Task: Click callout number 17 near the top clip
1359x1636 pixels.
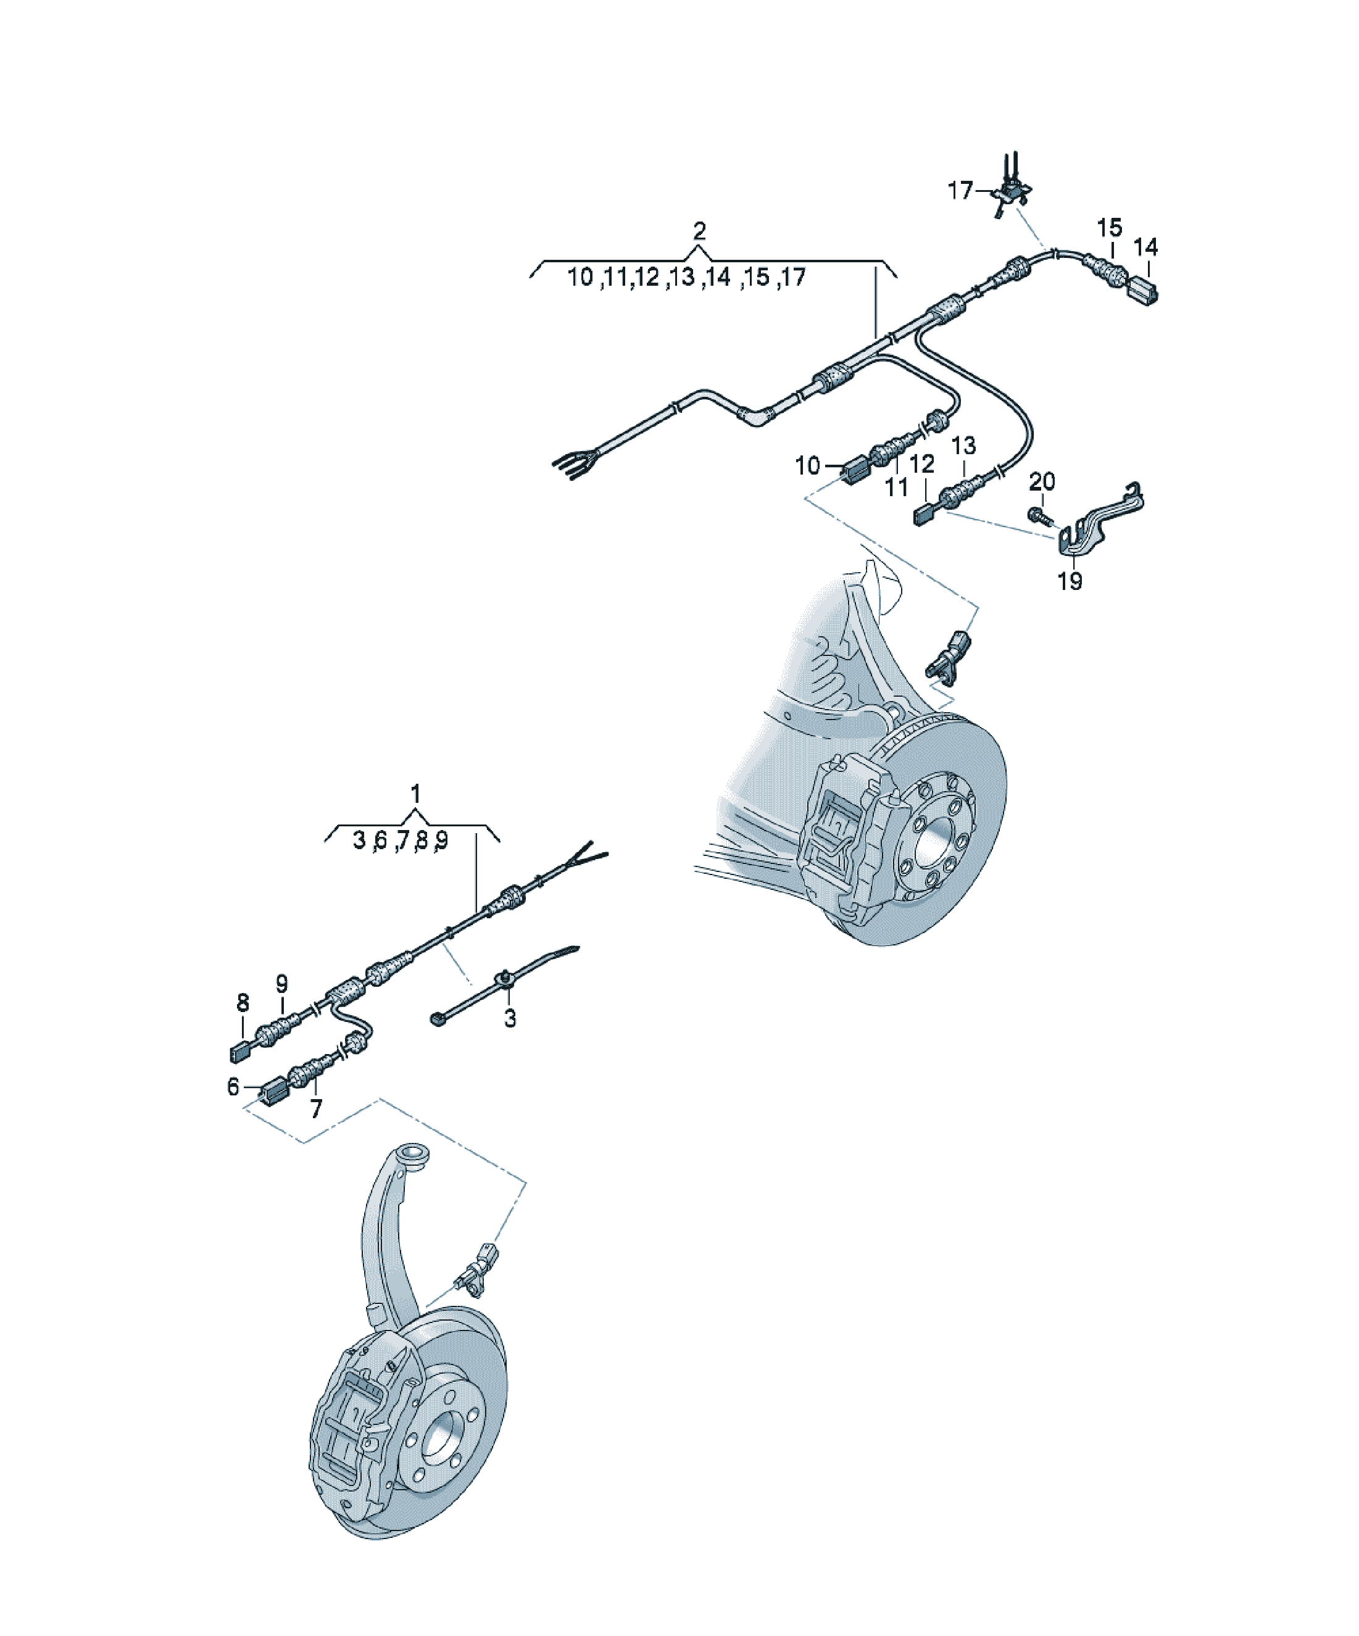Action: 960,190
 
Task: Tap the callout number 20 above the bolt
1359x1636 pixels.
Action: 1042,482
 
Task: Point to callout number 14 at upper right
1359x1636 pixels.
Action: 1145,247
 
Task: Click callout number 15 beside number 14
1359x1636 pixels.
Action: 1110,228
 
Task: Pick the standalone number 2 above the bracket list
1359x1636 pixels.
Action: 699,231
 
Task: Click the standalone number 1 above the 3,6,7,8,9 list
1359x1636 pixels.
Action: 415,794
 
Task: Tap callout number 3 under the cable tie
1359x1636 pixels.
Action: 510,1018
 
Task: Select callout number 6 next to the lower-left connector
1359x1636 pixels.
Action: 233,1087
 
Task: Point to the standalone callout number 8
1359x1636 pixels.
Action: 243,1003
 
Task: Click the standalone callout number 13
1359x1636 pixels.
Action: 964,446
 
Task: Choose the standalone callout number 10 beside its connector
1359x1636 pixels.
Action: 808,466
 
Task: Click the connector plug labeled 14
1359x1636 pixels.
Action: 1142,291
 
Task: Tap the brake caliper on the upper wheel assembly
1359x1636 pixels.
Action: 854,834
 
